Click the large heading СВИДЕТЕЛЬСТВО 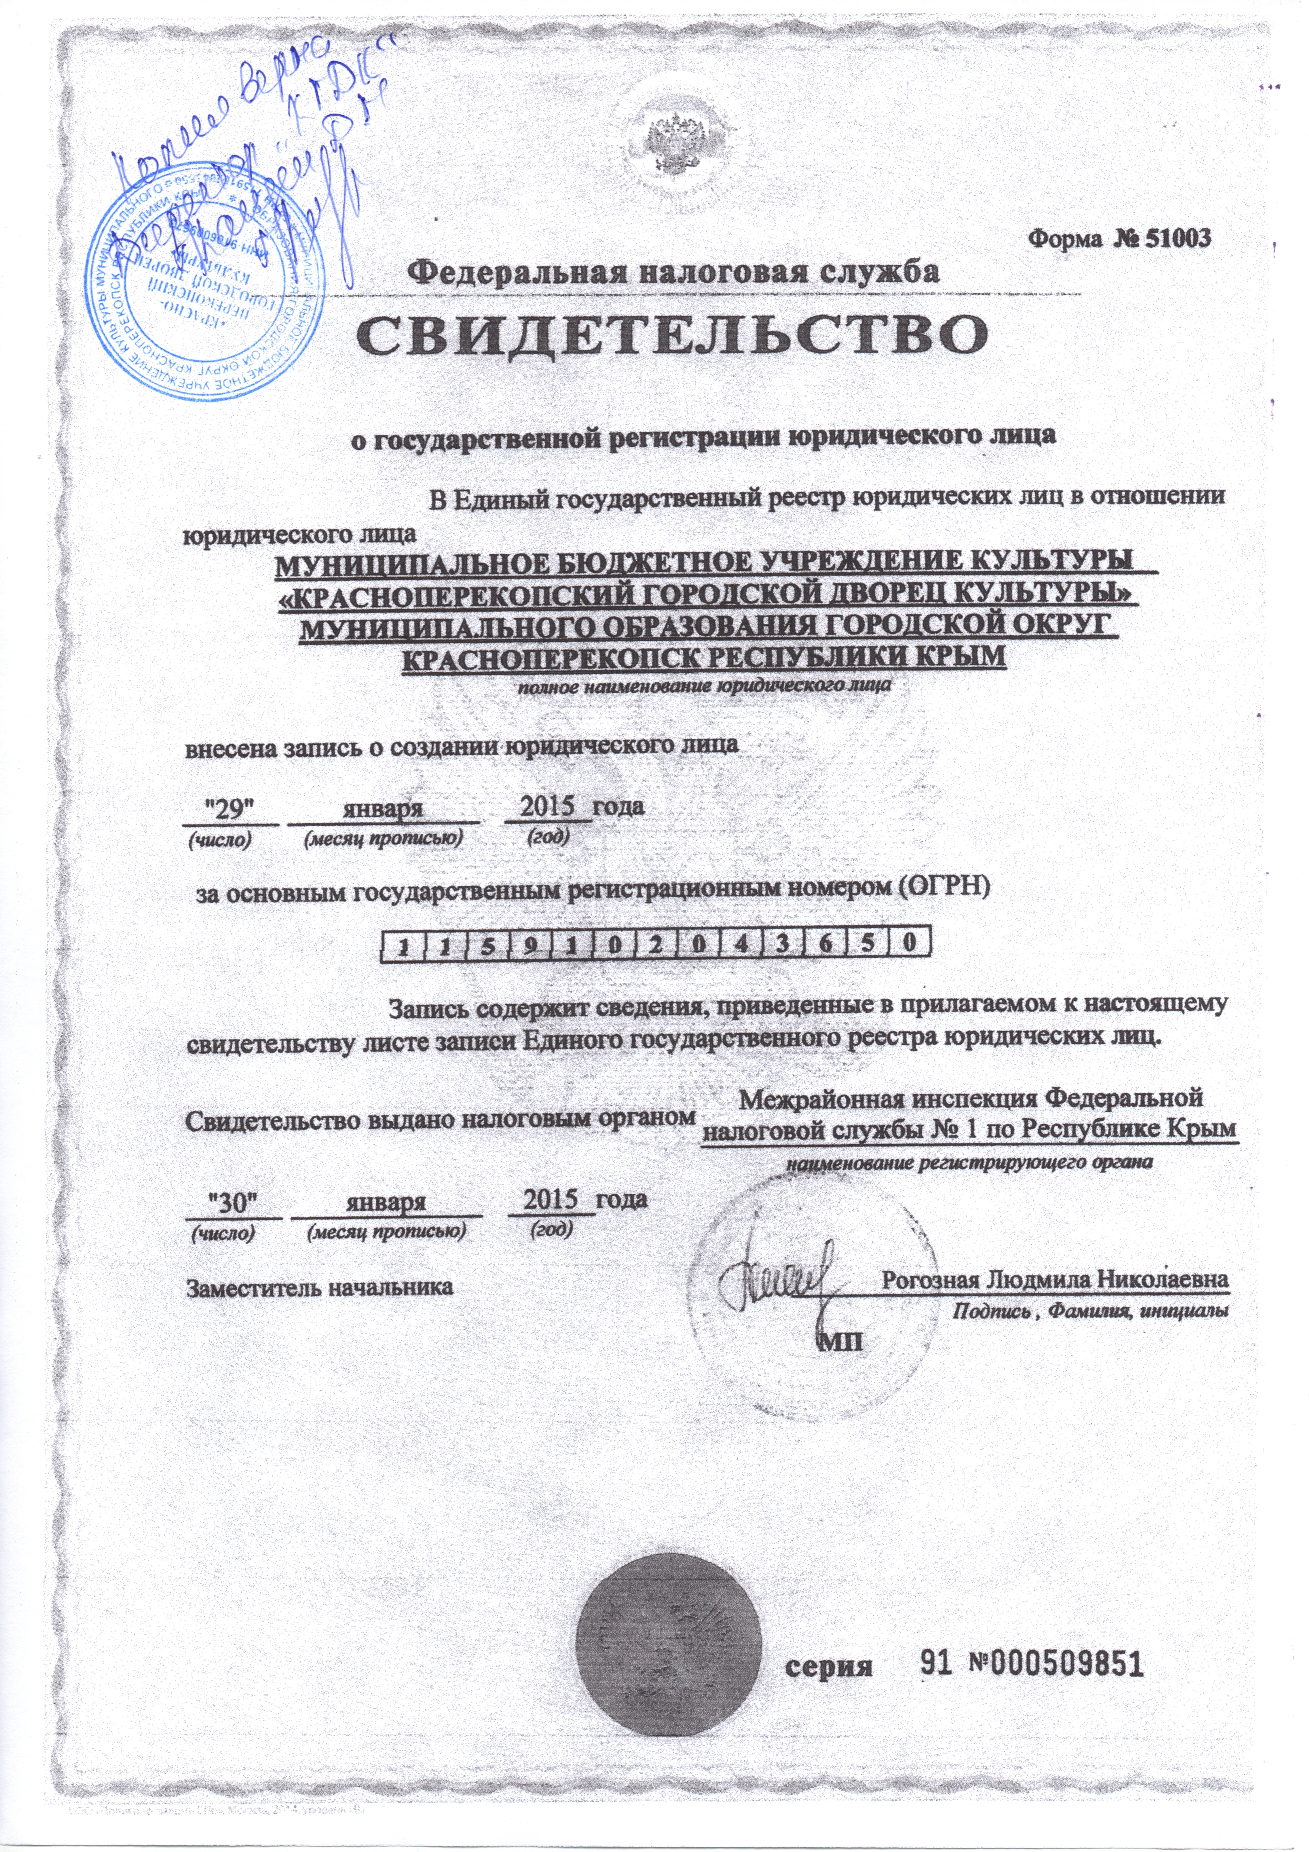(673, 339)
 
